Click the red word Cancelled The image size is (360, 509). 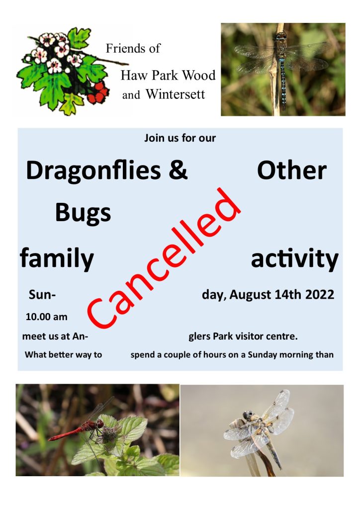coord(164,258)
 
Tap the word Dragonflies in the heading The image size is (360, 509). coord(93,171)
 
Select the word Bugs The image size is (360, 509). coord(83,213)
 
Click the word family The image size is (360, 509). coord(57,258)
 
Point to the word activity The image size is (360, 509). coord(295,258)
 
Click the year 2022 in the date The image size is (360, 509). coord(319,294)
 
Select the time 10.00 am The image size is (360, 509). coord(46,317)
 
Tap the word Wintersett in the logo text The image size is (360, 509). coord(176,94)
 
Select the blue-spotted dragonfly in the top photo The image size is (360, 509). coord(282,65)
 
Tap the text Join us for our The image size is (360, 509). coord(180,138)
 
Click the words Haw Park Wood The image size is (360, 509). coord(168,76)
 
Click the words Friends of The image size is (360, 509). coord(133,48)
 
